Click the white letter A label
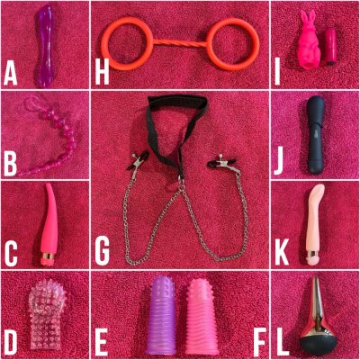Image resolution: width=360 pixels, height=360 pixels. pos(10,74)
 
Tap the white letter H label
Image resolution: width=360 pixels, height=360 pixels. pos(102,74)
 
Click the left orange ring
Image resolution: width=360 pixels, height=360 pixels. pos(103,45)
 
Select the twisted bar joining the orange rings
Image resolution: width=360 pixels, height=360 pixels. pos(180,43)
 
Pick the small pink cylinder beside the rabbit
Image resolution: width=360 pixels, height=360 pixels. pos(331,47)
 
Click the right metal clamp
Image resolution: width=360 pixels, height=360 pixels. pos(222,163)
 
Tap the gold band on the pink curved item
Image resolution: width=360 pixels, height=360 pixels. pos(48,256)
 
